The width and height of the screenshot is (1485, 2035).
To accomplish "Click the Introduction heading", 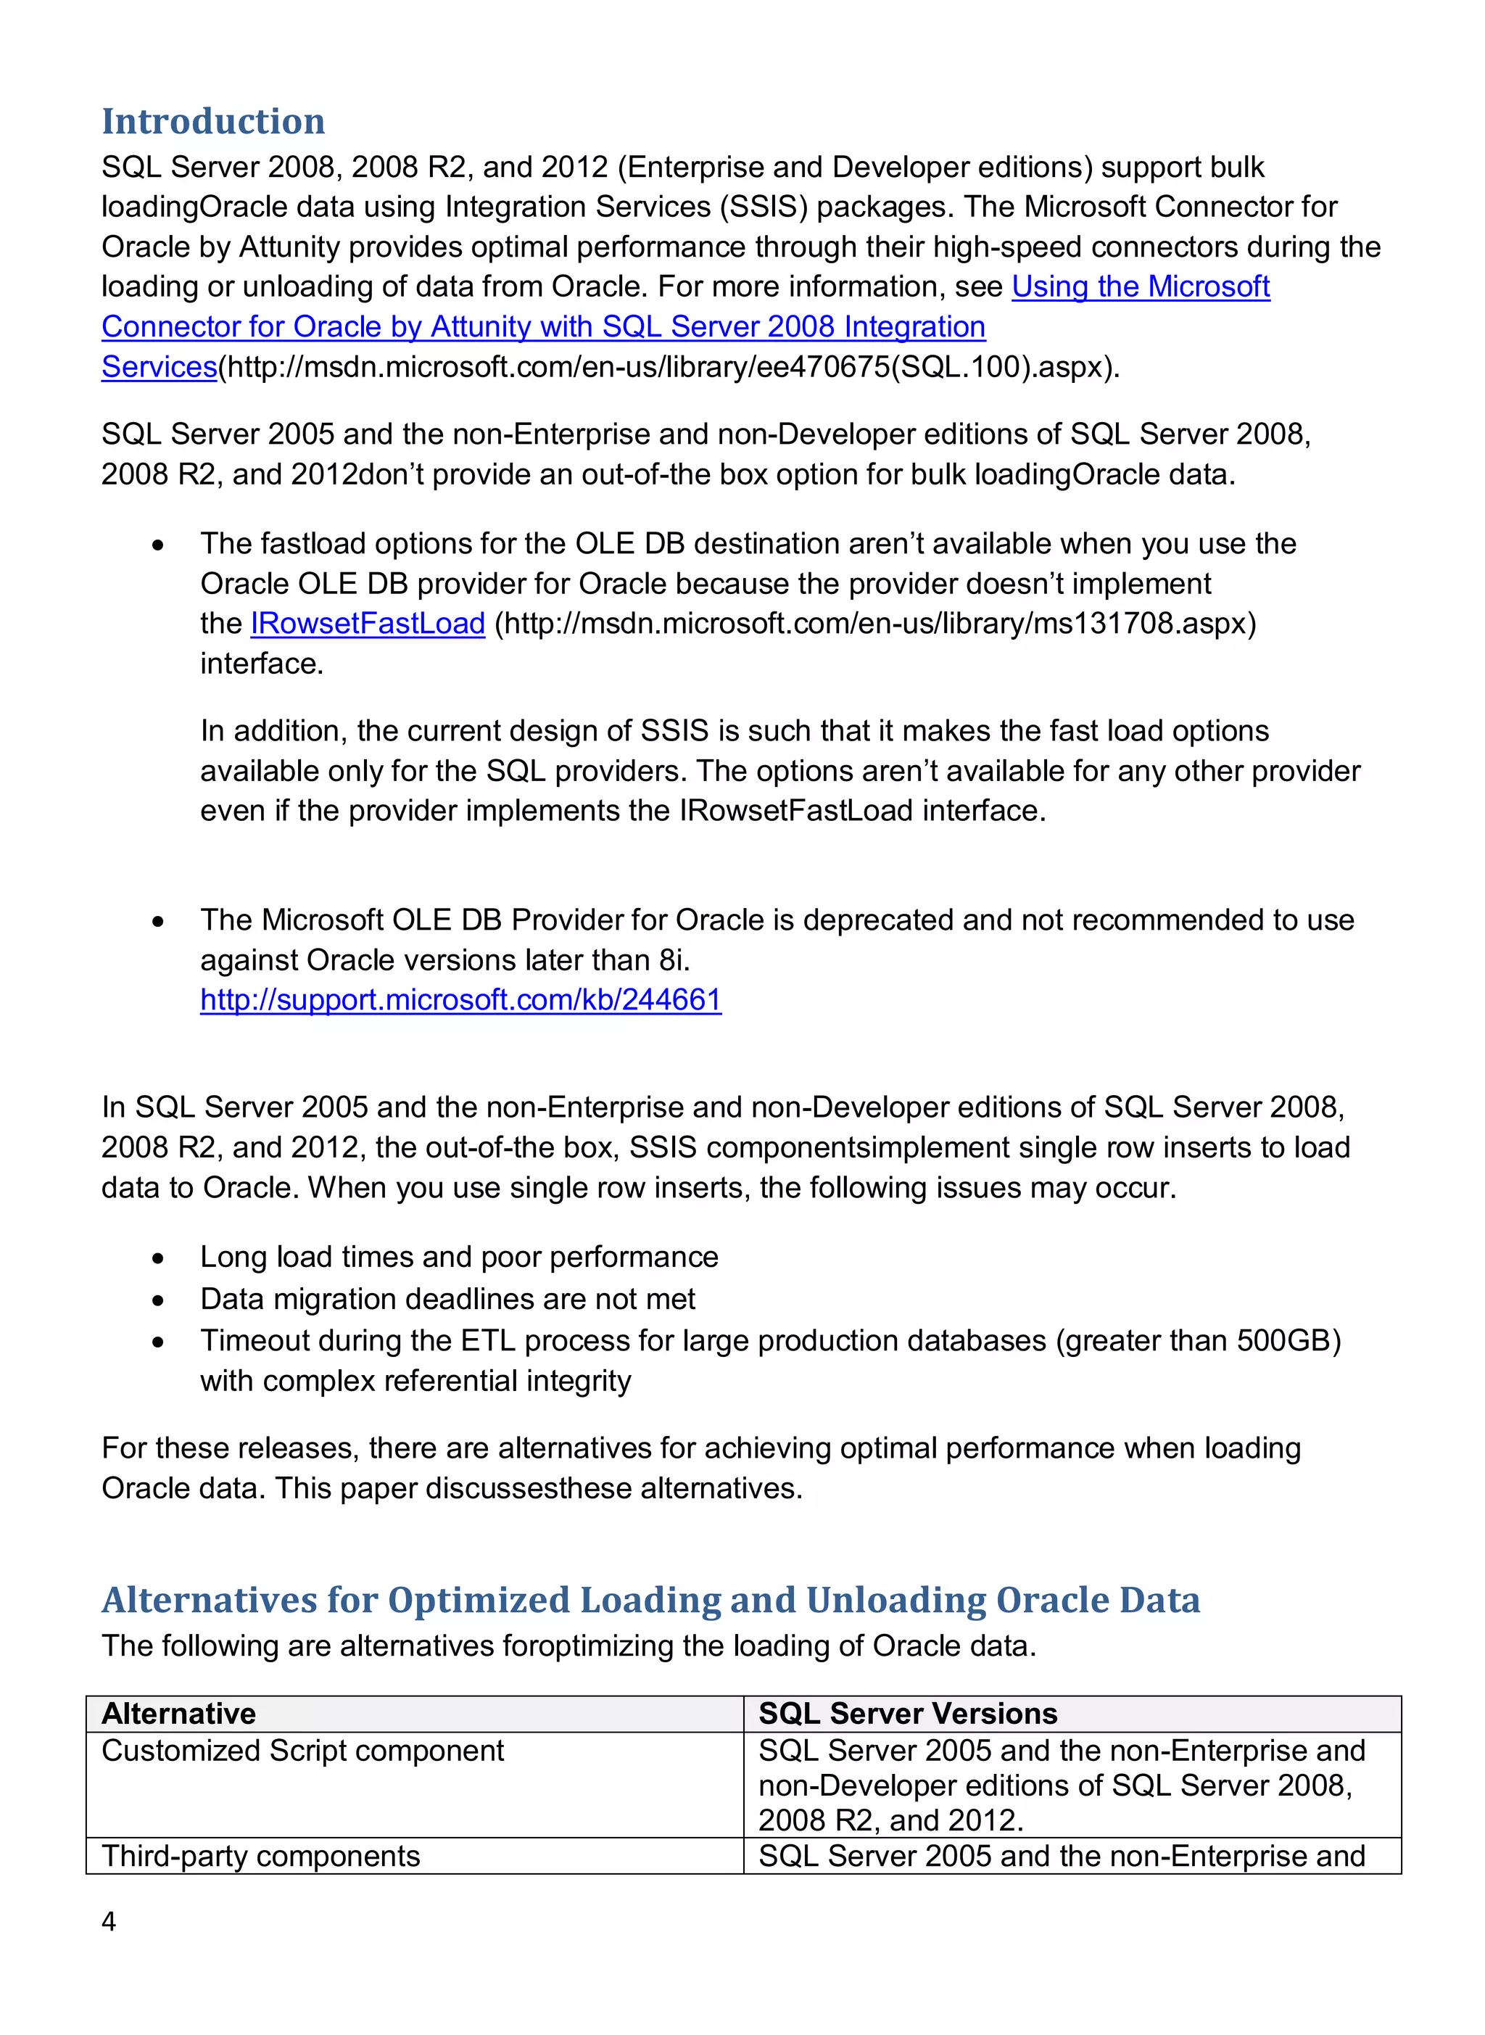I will click(213, 121).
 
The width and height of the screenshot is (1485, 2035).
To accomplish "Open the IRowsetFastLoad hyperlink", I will click(368, 623).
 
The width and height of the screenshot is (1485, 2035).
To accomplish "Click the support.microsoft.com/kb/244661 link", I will click(460, 999).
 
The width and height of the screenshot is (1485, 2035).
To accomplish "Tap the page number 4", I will click(109, 1921).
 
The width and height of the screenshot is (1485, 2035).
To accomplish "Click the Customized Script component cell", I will click(303, 1750).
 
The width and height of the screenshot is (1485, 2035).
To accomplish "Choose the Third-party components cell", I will click(261, 1855).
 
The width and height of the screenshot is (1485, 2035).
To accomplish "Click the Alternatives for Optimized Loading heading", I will click(651, 1600).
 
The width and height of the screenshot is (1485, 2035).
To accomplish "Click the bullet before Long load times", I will click(158, 1258).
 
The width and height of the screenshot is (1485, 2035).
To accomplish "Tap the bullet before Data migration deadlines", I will click(158, 1300).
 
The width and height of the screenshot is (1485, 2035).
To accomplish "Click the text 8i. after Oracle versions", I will click(674, 960).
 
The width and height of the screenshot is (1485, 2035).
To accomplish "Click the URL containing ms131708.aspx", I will click(874, 623).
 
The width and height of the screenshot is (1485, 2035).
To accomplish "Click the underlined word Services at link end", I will click(159, 367).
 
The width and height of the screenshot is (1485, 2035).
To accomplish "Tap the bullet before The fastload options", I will click(158, 545).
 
